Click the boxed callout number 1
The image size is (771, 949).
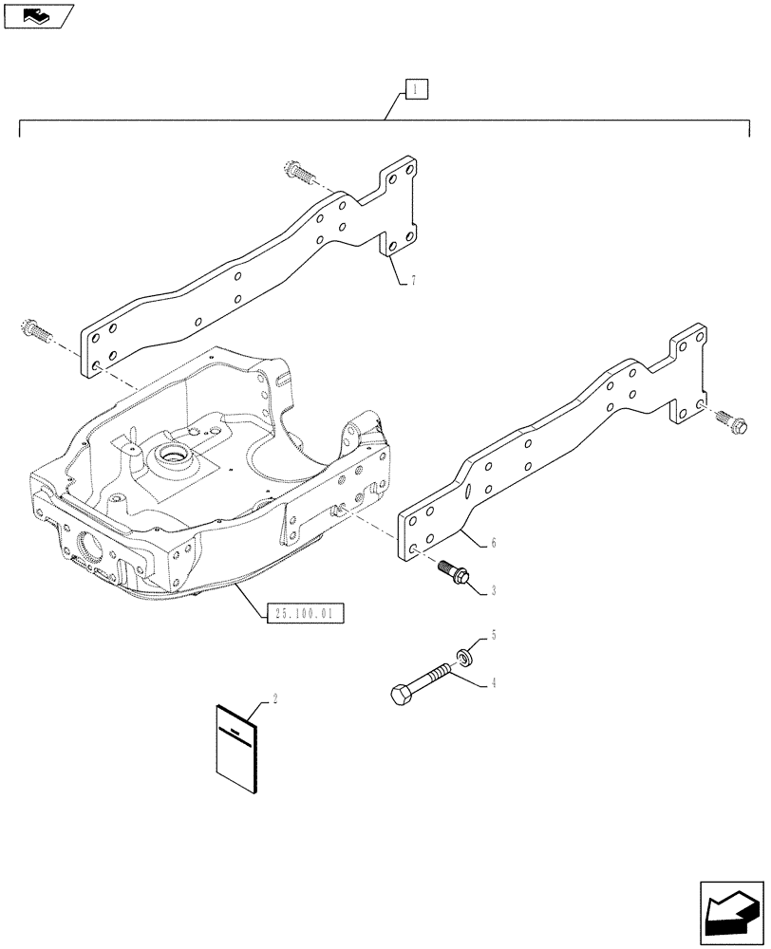pyautogui.click(x=418, y=90)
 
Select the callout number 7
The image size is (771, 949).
pyautogui.click(x=414, y=282)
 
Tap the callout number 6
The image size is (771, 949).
pyautogui.click(x=495, y=544)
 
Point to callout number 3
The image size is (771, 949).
pyautogui.click(x=495, y=590)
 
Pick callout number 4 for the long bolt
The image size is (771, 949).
pyautogui.click(x=495, y=681)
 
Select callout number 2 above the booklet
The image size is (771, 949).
pyautogui.click(x=275, y=699)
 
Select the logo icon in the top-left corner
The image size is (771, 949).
pyautogui.click(x=37, y=14)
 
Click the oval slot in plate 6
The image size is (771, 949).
pyautogui.click(x=467, y=491)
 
